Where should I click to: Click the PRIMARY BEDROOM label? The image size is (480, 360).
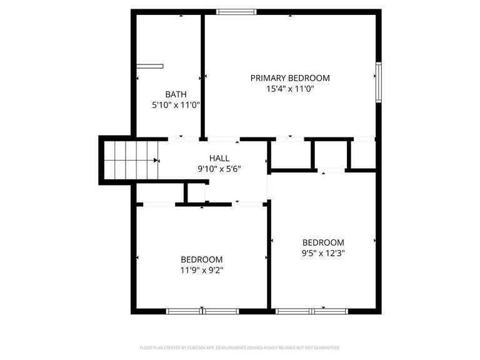click(290, 78)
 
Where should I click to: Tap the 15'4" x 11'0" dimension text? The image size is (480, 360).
click(290, 89)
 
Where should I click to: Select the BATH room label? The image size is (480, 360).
click(176, 94)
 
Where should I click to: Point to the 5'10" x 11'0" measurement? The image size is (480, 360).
click(176, 105)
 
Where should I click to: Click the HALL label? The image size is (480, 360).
click(219, 158)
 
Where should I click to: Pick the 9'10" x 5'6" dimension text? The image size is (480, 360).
click(219, 169)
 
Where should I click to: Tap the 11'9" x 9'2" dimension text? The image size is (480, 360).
click(201, 271)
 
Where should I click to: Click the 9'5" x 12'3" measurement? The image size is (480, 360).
click(323, 253)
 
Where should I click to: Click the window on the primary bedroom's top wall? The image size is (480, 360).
click(236, 11)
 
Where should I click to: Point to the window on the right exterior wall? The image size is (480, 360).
click(379, 82)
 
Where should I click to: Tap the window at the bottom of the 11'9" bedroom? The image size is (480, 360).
click(202, 311)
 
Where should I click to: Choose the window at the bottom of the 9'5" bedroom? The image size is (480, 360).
click(312, 311)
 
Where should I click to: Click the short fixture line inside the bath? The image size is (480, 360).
click(150, 66)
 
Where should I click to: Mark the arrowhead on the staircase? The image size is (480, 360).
click(156, 160)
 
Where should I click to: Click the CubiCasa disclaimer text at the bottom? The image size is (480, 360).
click(240, 347)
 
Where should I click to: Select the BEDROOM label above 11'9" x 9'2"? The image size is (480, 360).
click(201, 260)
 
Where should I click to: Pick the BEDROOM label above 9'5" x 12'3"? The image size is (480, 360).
click(323, 242)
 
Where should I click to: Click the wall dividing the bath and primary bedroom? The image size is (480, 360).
click(202, 75)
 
